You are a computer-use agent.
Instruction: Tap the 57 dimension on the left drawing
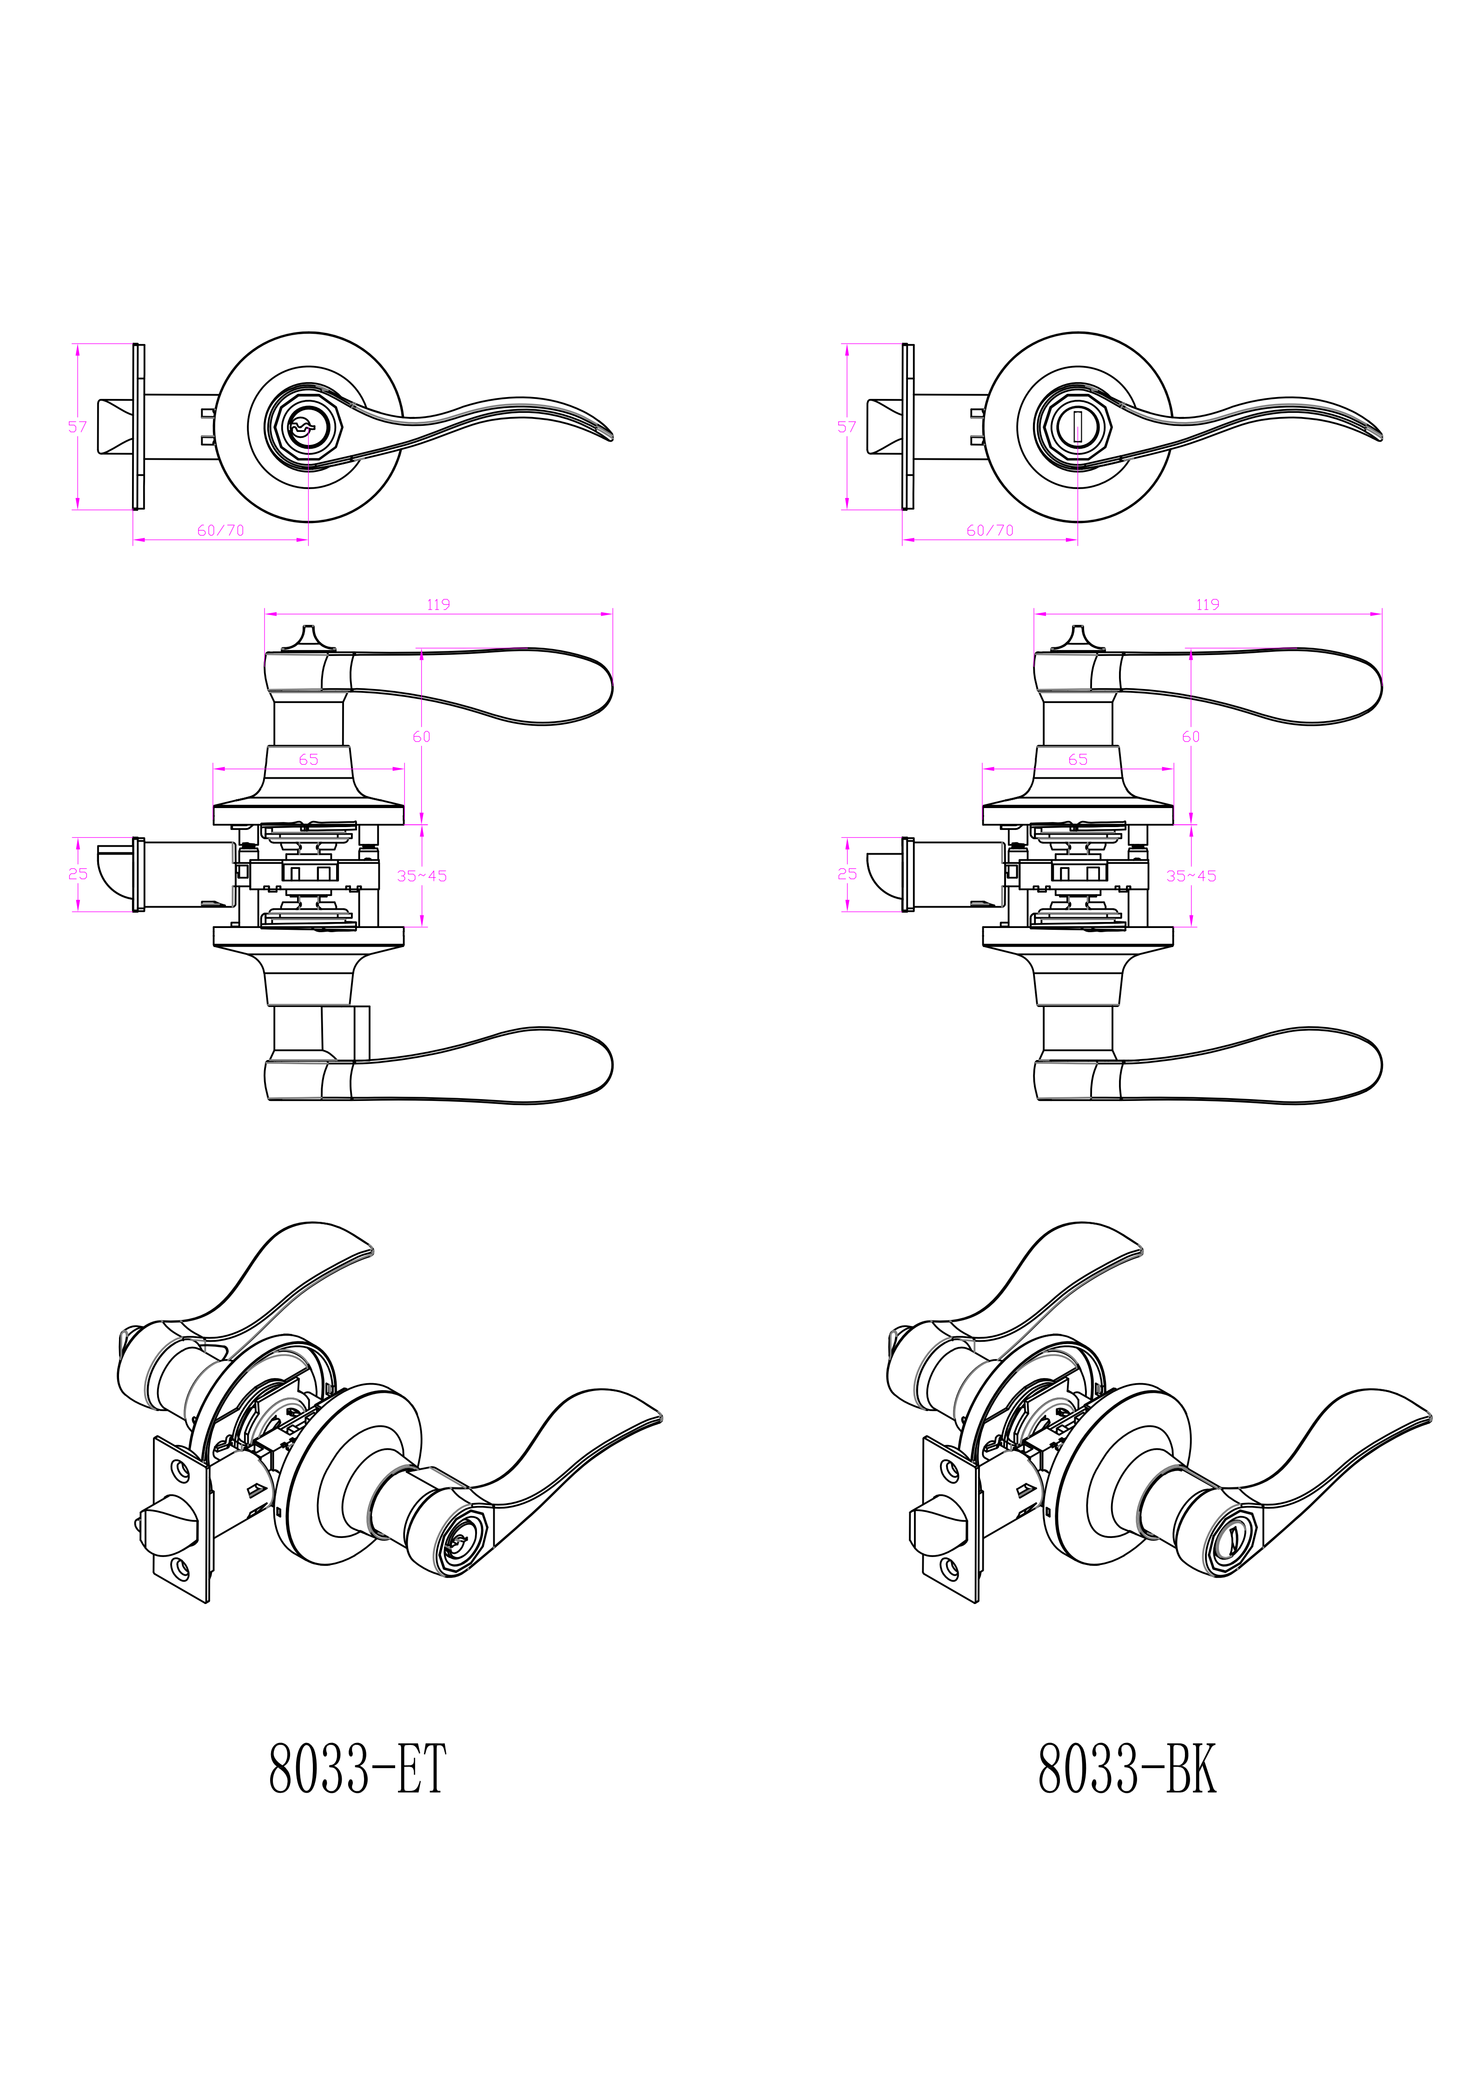click(x=77, y=426)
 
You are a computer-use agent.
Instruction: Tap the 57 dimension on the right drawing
click(x=847, y=426)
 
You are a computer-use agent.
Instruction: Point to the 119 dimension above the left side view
click(x=438, y=605)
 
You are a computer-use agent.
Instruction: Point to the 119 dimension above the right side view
click(x=1208, y=605)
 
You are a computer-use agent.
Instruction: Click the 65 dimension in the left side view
click(x=308, y=759)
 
